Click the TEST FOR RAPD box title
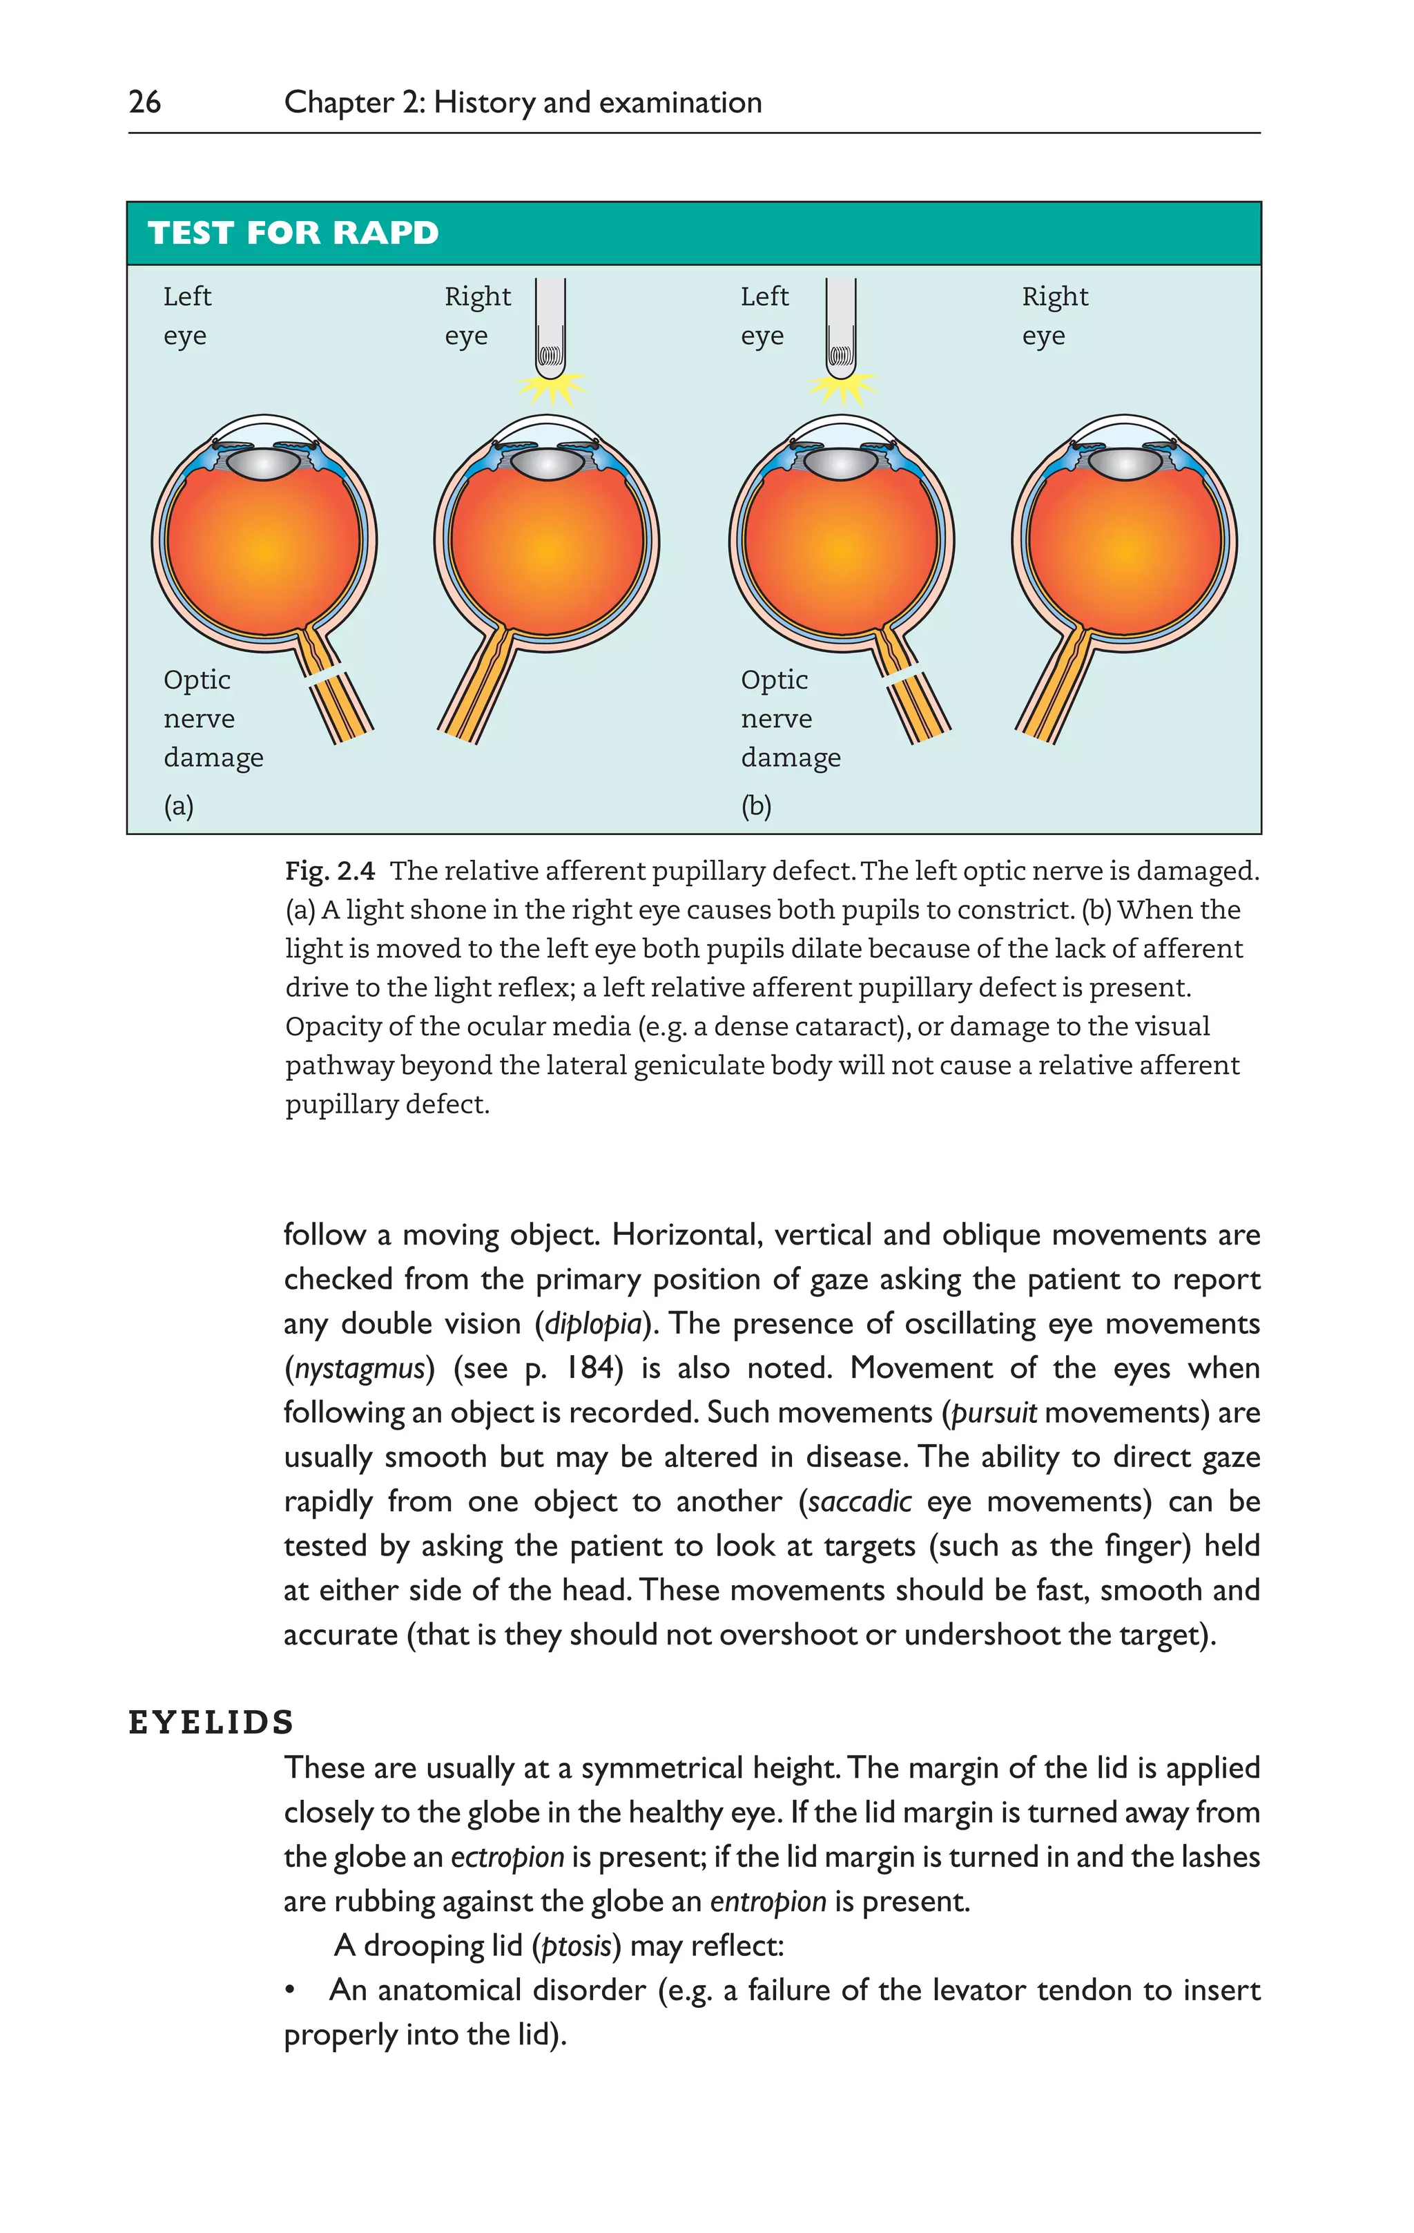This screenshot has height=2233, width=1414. [x=293, y=233]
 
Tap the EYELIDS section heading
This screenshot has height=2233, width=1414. [x=211, y=1723]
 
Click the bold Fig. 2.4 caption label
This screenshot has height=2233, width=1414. [x=330, y=871]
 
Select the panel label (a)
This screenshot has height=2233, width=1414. [x=179, y=806]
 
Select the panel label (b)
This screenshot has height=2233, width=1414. [x=756, y=806]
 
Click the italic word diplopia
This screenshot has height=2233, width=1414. [x=593, y=1323]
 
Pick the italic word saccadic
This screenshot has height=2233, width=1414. [x=860, y=1502]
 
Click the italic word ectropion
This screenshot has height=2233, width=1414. [x=507, y=1857]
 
